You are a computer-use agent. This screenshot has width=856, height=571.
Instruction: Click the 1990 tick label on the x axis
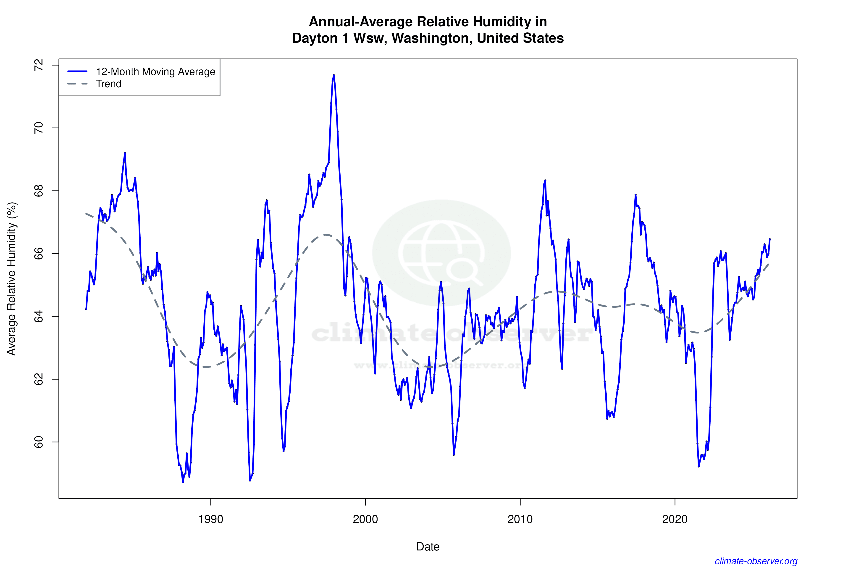[x=210, y=519]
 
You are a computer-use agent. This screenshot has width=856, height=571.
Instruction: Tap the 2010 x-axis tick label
[x=520, y=519]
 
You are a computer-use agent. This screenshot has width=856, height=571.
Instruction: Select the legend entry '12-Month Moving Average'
[x=155, y=72]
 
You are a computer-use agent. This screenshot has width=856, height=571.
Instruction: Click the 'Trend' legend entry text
[x=108, y=84]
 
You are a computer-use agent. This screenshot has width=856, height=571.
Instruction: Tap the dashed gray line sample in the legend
[x=78, y=84]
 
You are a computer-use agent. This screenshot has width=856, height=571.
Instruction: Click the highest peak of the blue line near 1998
[x=334, y=75]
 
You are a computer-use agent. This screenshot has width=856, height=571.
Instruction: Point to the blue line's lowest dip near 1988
[x=183, y=482]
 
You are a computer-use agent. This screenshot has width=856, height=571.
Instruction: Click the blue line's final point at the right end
[x=769, y=239]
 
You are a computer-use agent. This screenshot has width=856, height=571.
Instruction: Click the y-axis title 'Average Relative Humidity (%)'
[x=12, y=279]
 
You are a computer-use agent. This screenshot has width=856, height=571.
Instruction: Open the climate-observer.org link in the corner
[x=756, y=561]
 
